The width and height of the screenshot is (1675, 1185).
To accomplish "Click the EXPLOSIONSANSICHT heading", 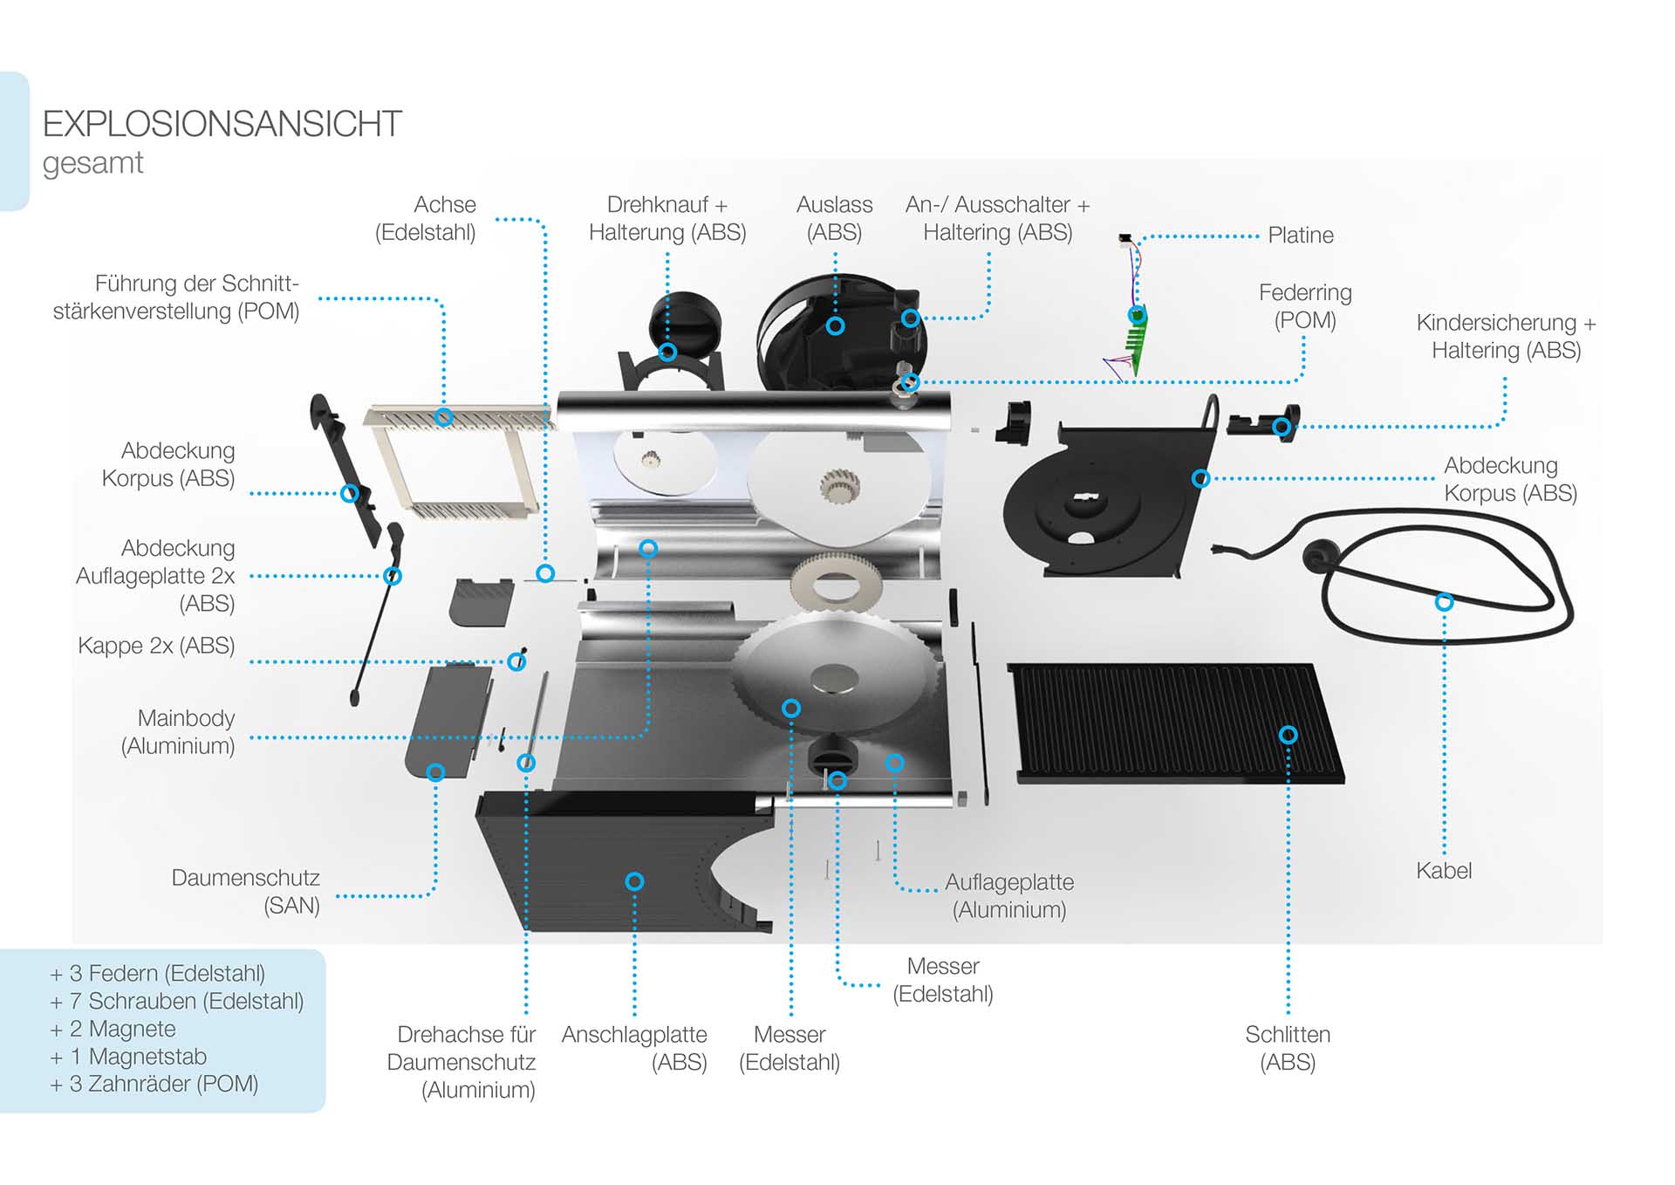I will coord(222,124).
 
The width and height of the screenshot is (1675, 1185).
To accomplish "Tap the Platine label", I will coord(1300,235).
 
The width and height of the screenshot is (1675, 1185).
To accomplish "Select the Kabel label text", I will coord(1443,870).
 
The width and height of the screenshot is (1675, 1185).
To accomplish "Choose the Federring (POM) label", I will coord(1305,306).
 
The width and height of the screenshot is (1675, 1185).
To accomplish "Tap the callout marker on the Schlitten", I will coord(1288,735).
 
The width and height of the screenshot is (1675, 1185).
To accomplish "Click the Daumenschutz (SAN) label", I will coord(246,891).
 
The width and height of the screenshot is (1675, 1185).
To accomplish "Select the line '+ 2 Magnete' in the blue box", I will coord(113,1029).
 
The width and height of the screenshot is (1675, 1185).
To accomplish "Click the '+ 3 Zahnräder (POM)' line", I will coord(154,1084).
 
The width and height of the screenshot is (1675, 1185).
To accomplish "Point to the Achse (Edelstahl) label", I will coord(426,218).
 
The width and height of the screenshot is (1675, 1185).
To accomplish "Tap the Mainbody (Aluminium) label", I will coord(179,731).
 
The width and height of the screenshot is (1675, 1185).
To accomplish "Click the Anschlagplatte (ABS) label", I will coord(634,1048).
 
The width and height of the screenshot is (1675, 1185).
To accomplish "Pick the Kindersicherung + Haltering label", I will coord(1506,336).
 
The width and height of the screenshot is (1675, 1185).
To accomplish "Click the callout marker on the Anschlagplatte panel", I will coord(635,881).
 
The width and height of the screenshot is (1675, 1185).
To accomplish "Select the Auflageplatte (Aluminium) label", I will coord(1009,895).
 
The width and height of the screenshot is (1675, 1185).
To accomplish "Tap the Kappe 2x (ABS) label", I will coord(156,646).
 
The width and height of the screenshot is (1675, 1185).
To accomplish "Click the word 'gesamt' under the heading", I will coord(92,163).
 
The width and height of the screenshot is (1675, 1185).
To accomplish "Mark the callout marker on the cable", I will coord(1444,601).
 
